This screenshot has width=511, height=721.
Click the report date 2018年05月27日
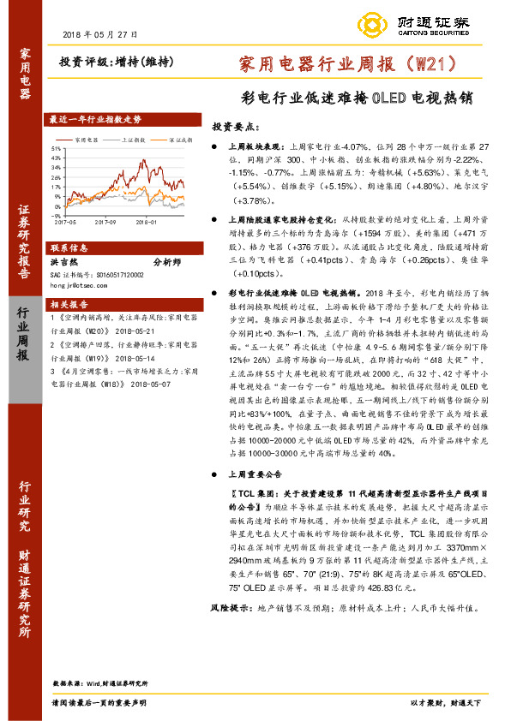tap(100, 33)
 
